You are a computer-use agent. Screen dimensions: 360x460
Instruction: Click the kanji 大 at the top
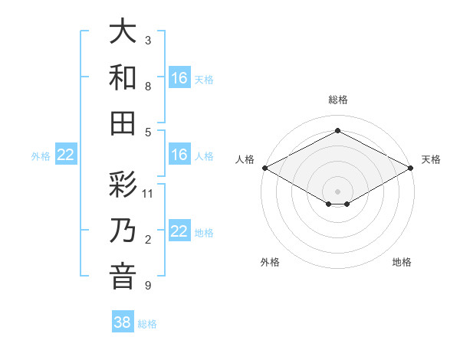[x=123, y=32]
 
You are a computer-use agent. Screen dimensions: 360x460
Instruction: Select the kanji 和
[x=123, y=77]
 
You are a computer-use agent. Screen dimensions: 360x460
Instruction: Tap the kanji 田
[x=123, y=123]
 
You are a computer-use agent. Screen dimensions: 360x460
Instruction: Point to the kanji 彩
[x=123, y=185]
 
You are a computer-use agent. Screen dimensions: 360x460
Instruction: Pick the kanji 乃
[x=123, y=231]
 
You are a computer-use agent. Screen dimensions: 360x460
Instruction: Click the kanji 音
[x=123, y=276]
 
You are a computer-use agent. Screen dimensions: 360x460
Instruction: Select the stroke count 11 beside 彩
[x=148, y=193]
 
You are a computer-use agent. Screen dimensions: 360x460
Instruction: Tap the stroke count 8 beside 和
[x=148, y=86]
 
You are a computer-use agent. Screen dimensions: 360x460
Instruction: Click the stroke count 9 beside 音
[x=148, y=286]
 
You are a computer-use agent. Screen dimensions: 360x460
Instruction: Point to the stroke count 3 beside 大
[x=148, y=41]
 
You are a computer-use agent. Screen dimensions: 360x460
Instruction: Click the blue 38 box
[x=123, y=322]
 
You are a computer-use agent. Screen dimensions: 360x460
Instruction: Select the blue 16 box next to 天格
[x=179, y=77]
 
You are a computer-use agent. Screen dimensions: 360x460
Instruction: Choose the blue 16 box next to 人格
[x=179, y=155]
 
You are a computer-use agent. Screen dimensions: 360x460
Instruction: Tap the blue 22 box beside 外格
[x=66, y=155]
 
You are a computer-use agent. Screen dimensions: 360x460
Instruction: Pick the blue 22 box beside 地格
[x=179, y=231]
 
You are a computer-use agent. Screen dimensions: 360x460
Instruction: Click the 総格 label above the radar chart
[x=337, y=100]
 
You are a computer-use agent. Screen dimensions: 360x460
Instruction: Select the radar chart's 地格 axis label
[x=402, y=262]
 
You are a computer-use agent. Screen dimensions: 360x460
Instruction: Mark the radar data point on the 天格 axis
[x=412, y=168]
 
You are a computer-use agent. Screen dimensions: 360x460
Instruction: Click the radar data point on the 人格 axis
[x=264, y=168]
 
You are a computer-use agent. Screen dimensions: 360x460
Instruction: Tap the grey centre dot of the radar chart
[x=337, y=190]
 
